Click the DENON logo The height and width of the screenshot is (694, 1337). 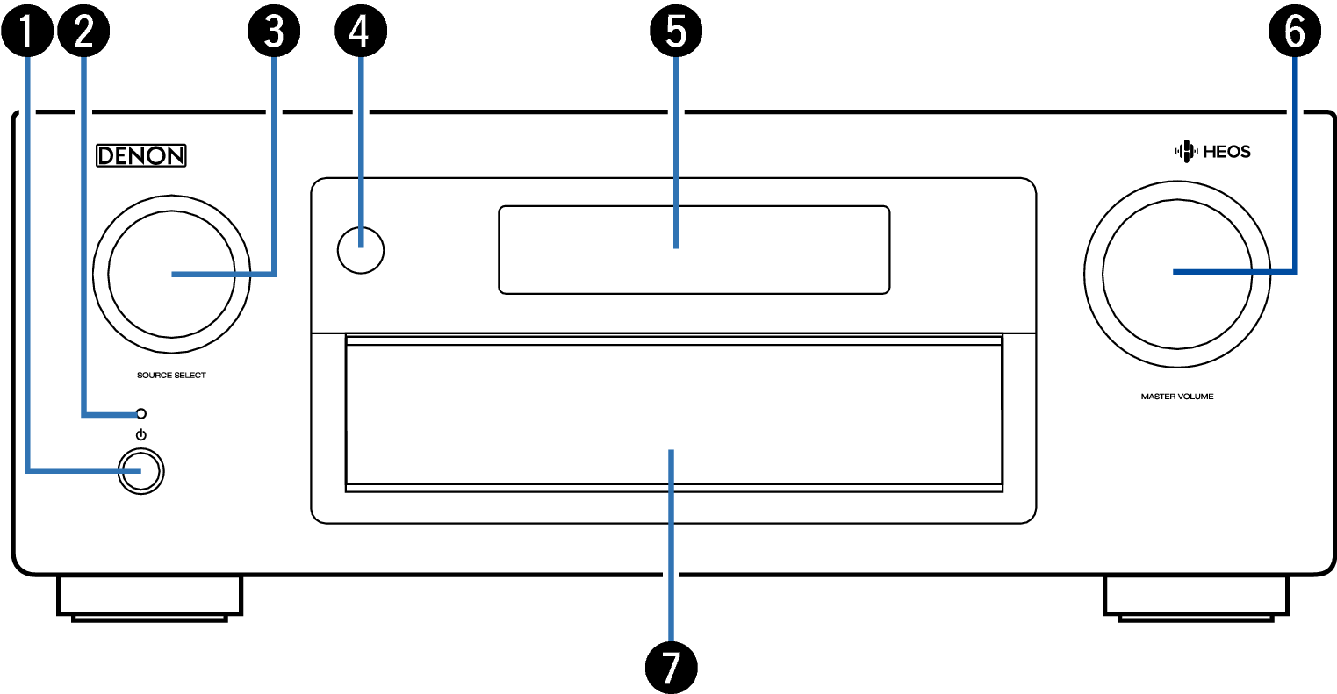(141, 156)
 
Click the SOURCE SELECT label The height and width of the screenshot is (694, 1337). (171, 376)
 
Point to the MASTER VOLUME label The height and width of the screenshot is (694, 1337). (1176, 397)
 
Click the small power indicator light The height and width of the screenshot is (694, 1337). (140, 413)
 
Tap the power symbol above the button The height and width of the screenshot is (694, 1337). (141, 436)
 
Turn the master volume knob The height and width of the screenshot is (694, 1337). (1176, 272)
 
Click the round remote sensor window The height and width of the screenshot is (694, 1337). (360, 248)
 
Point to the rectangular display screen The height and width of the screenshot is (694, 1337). (694, 249)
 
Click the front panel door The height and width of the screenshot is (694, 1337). (673, 412)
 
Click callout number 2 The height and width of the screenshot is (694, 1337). (83, 32)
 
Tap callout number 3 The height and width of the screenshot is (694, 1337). (275, 32)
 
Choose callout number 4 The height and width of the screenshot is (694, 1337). (360, 32)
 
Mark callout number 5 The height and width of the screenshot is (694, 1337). (675, 32)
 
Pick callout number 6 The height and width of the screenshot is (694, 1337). (1295, 32)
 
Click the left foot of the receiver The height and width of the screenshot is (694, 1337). (150, 598)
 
